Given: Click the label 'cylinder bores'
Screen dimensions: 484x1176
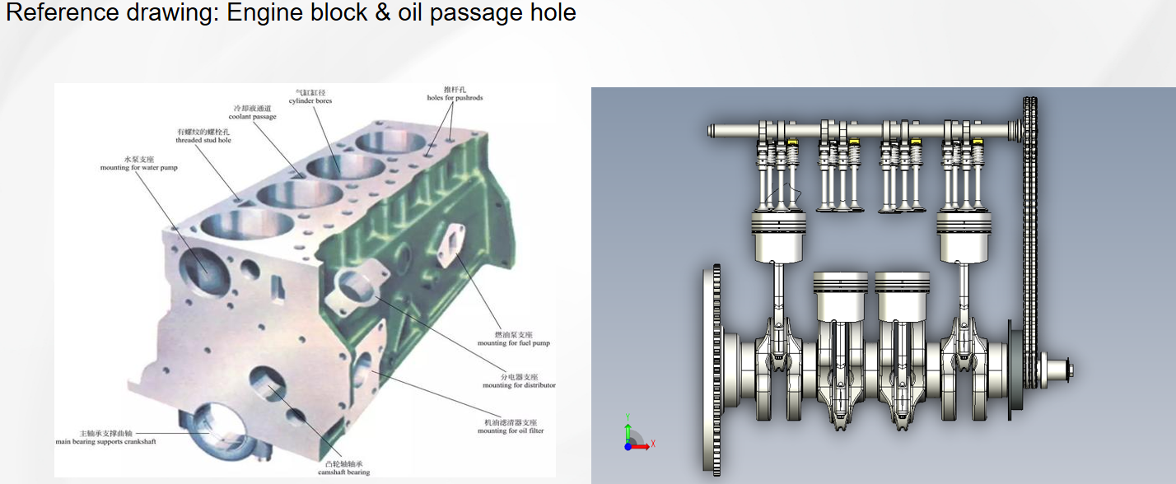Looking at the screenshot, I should (x=310, y=101).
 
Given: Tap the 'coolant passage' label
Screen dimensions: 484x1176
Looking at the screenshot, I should (x=252, y=117).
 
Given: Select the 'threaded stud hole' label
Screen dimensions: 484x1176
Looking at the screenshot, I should (x=203, y=141).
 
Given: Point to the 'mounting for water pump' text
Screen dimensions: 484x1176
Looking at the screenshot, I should (x=138, y=168).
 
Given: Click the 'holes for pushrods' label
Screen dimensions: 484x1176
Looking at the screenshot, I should (x=455, y=98).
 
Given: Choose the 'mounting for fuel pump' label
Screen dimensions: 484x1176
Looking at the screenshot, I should (x=513, y=343).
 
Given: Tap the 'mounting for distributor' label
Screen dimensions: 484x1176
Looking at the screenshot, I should (x=519, y=385).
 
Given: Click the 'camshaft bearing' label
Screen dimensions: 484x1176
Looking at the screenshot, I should (x=343, y=472).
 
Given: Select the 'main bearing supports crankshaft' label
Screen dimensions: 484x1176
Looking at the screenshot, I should (x=105, y=441).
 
